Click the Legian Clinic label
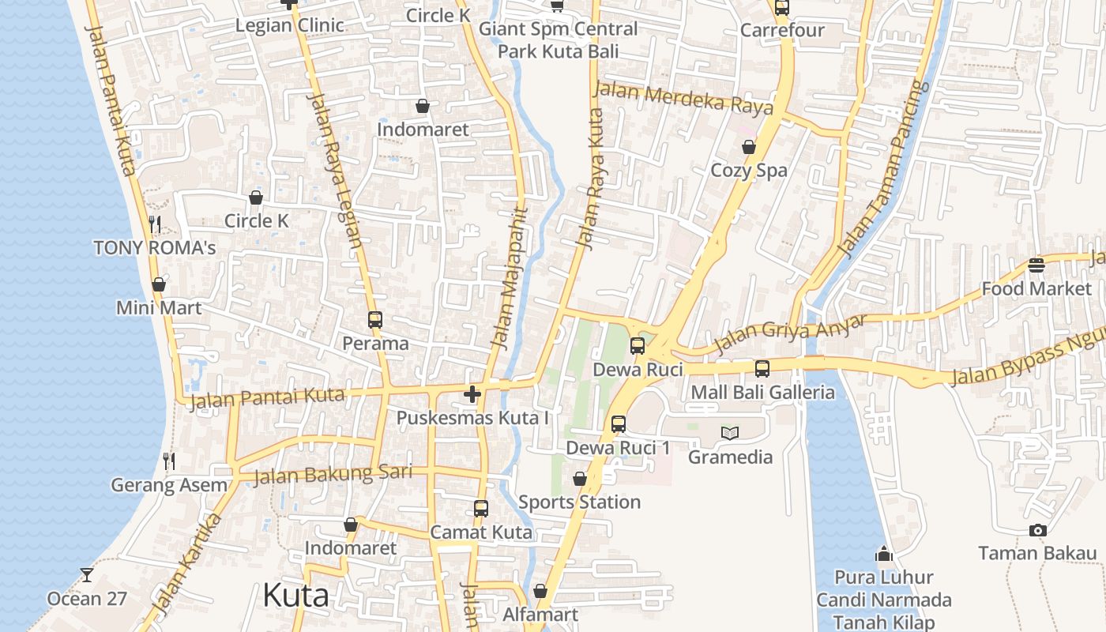[290, 25]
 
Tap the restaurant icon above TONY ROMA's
[155, 224]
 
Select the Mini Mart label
[159, 307]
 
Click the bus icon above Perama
[375, 320]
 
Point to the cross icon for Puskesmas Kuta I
[472, 393]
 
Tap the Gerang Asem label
[169, 484]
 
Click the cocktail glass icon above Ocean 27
[87, 575]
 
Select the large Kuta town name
[295, 595]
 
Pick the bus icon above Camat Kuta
[481, 509]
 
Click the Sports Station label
[579, 502]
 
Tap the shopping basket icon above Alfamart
[540, 591]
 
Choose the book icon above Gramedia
[730, 433]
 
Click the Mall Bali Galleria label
[762, 392]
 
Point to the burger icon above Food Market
[1036, 265]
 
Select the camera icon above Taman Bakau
[1038, 530]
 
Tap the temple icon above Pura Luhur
[884, 554]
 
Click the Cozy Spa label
[749, 170]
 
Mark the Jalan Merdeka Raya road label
[683, 99]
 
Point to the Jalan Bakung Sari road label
[333, 474]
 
